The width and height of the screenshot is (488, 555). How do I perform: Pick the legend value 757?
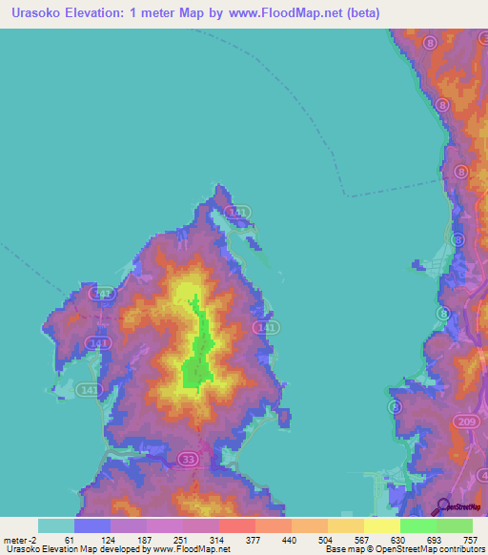tap(470, 539)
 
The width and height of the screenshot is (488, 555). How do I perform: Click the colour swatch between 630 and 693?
tap(417, 525)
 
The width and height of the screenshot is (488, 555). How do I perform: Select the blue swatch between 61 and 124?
tap(92, 525)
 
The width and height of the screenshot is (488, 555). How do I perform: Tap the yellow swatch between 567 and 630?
tap(381, 525)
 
